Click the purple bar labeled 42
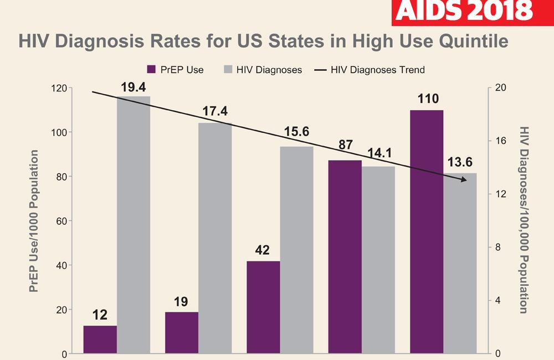point(263,307)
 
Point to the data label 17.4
point(215,112)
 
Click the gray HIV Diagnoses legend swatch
point(226,70)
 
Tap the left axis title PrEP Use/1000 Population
point(34,221)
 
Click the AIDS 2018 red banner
point(473,12)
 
